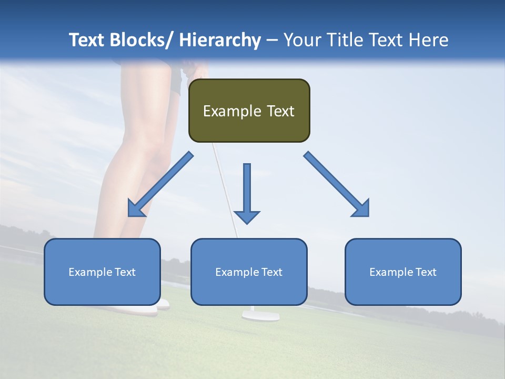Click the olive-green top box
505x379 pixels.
[x=249, y=111]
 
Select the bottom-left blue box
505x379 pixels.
[x=102, y=272]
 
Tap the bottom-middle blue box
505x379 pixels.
[x=249, y=272]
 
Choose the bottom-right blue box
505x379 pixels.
[x=403, y=272]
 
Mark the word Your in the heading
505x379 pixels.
[x=302, y=40]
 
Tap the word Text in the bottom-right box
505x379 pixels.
[x=425, y=272]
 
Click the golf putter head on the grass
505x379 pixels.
[x=260, y=315]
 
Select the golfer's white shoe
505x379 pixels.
[x=142, y=310]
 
